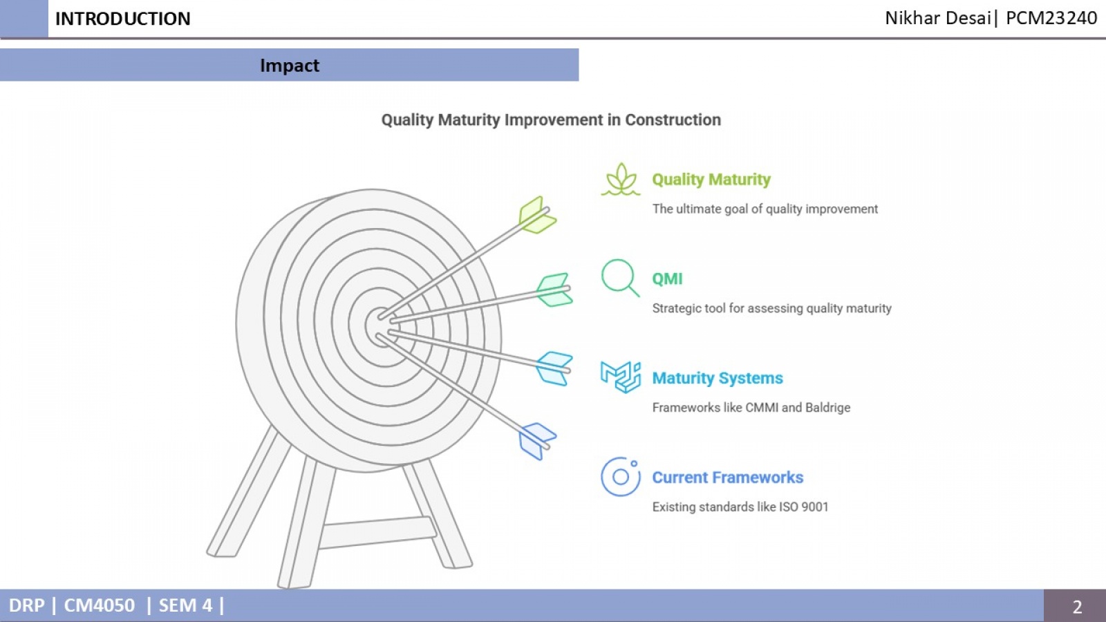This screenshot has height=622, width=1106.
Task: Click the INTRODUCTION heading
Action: pyautogui.click(x=122, y=19)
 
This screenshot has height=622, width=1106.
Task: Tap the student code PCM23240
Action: pyautogui.click(x=1051, y=18)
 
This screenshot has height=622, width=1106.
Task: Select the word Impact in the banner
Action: pyautogui.click(x=290, y=65)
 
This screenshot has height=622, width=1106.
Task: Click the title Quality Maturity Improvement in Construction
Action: pyautogui.click(x=551, y=120)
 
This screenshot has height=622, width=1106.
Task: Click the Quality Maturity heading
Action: pyautogui.click(x=711, y=179)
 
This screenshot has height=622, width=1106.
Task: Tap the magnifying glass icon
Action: pyautogui.click(x=620, y=278)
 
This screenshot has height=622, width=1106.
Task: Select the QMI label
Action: pyautogui.click(x=667, y=279)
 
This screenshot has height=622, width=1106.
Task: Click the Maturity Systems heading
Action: pyautogui.click(x=718, y=378)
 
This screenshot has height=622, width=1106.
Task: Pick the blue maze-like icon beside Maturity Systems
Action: pyautogui.click(x=621, y=377)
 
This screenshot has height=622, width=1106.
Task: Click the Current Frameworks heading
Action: pyautogui.click(x=727, y=478)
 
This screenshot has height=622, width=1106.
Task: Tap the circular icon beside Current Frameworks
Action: pyautogui.click(x=621, y=476)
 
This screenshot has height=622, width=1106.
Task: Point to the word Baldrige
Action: pyautogui.click(x=827, y=408)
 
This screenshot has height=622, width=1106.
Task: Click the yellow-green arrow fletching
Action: pyautogui.click(x=537, y=215)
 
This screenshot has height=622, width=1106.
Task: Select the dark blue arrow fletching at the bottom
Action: pyautogui.click(x=537, y=442)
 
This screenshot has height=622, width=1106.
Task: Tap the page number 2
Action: pyautogui.click(x=1077, y=606)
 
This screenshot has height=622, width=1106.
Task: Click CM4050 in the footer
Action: pyautogui.click(x=100, y=605)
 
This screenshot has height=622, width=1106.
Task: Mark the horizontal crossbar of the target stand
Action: pyautogui.click(x=377, y=533)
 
